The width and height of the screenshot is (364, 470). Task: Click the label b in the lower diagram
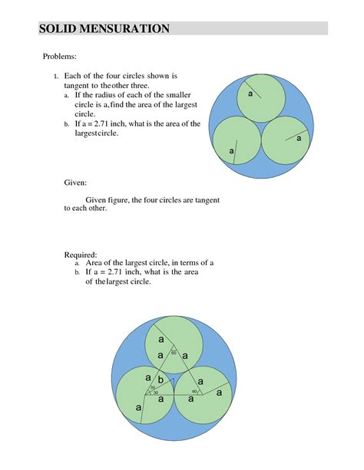160,380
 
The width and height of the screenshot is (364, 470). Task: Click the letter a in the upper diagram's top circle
250,93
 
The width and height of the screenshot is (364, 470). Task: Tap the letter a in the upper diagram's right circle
299,138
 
